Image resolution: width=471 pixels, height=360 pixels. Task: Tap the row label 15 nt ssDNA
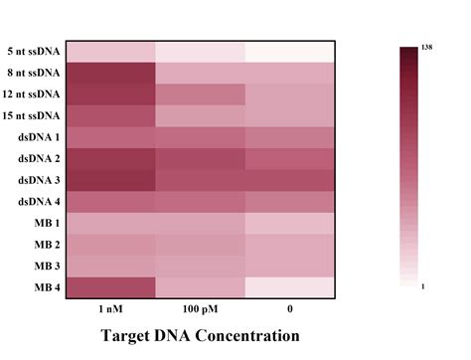pyautogui.click(x=32, y=115)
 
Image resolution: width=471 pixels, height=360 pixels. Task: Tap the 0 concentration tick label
pyautogui.click(x=290, y=309)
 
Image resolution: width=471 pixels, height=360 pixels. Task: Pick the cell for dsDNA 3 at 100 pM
pyautogui.click(x=200, y=180)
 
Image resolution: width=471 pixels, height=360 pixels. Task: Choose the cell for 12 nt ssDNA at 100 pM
pyautogui.click(x=200, y=94)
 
